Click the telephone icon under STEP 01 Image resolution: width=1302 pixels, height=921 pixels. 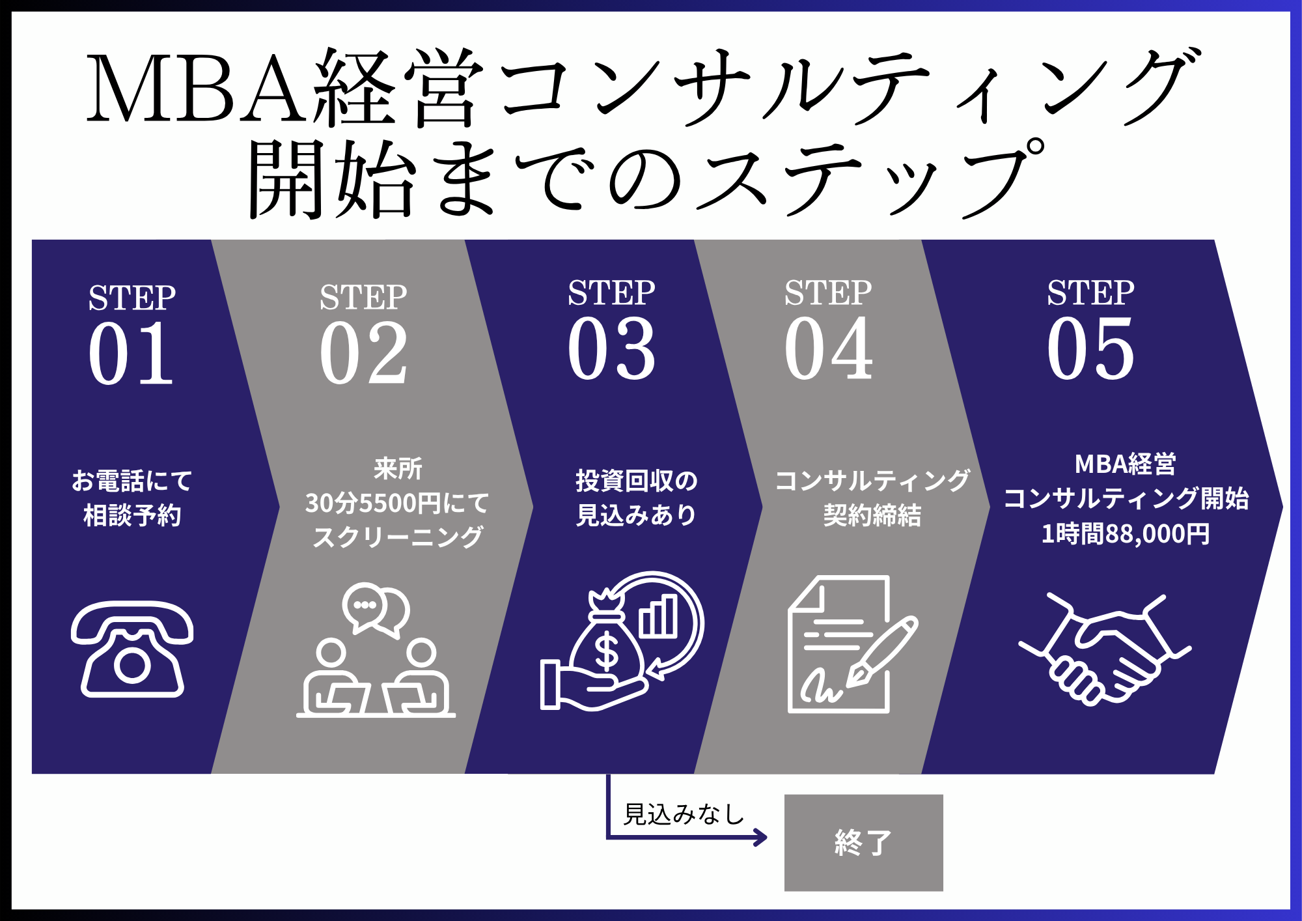tap(132, 649)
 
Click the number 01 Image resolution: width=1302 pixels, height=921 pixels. tap(131, 353)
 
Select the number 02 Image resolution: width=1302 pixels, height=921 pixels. tap(363, 353)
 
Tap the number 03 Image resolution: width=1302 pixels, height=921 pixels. tap(611, 348)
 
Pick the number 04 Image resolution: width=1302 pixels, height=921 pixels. tap(828, 348)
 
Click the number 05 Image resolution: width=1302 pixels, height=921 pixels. tap(1090, 348)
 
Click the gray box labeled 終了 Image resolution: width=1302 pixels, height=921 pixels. tap(863, 842)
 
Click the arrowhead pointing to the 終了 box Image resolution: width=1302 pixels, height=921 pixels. tap(760, 837)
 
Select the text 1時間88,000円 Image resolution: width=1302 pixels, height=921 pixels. tap(1126, 534)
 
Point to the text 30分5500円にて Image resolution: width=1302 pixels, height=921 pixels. tap(397, 503)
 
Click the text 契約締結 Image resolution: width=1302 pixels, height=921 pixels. tap(872, 515)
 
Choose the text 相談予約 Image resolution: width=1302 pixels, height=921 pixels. tap(132, 515)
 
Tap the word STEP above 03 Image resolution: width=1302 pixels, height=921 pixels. tap(611, 292)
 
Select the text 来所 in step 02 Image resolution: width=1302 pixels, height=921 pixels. tap(398, 468)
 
